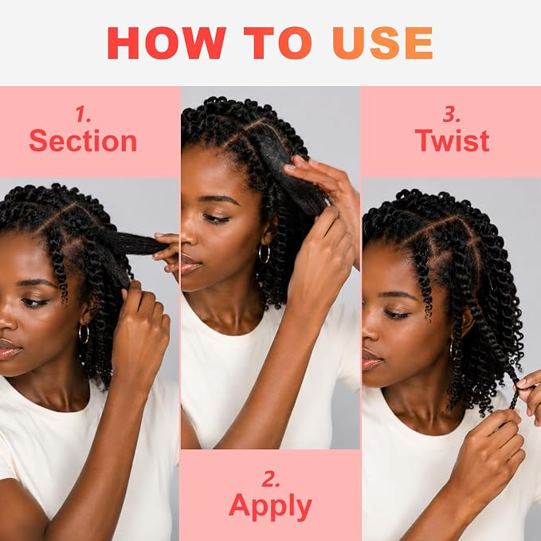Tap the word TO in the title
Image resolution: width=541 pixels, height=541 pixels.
278,43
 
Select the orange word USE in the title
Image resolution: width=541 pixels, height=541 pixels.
382,43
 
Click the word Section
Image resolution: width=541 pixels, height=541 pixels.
83,141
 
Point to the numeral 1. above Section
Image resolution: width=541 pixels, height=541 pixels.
83,114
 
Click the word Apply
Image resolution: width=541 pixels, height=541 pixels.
270,506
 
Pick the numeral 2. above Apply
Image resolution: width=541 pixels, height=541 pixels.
271,479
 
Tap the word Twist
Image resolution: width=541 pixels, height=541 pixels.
452,140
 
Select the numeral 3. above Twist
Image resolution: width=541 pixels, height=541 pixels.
452,114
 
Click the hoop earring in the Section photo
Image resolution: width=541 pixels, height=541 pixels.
84,334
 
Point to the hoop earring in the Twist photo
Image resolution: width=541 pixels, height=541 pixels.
453,349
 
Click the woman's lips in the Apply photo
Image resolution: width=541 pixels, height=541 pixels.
190,265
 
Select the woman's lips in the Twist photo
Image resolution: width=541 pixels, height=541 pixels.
371,360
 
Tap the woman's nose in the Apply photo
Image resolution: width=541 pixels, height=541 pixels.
188,238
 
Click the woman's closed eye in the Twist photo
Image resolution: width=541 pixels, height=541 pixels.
397,314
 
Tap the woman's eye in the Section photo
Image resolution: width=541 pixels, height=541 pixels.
34,303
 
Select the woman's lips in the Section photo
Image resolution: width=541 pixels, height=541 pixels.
9,349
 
